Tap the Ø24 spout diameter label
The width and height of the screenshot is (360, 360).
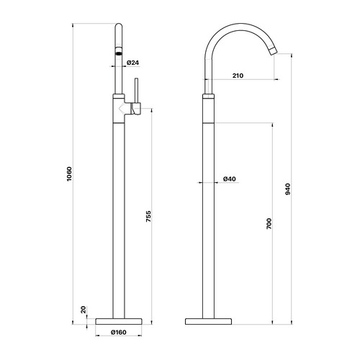click(132, 63)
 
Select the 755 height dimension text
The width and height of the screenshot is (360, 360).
click(149, 220)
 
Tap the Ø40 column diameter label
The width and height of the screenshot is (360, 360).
click(230, 179)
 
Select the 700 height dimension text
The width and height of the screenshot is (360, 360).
click(268, 224)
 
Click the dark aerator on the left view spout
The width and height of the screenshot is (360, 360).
click(120, 53)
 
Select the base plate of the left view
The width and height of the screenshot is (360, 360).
click(120, 319)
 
